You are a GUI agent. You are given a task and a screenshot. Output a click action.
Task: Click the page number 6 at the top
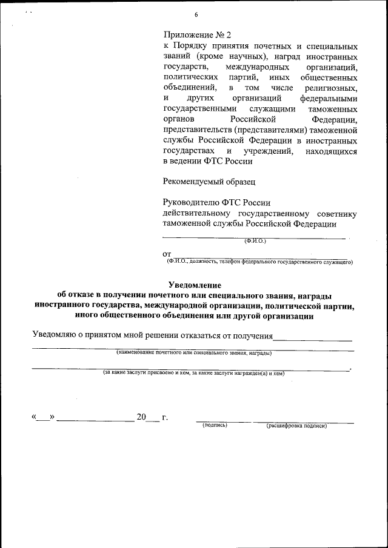click(x=196, y=14)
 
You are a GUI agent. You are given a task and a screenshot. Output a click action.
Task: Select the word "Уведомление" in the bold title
click(x=194, y=285)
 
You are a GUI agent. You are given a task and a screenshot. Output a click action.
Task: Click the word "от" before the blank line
click(x=167, y=253)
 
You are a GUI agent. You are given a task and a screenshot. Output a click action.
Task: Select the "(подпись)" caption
click(x=215, y=425)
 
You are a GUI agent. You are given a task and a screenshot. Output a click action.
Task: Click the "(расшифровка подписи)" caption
click(x=296, y=426)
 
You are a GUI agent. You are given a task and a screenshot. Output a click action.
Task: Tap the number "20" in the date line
click(x=142, y=417)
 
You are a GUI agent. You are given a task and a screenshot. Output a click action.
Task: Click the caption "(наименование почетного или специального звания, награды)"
click(x=194, y=352)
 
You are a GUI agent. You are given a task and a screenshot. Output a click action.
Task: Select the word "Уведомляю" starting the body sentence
click(x=58, y=335)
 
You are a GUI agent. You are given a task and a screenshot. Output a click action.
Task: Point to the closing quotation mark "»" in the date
click(x=52, y=417)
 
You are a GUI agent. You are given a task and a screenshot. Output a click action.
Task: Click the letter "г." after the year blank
click(x=164, y=417)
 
